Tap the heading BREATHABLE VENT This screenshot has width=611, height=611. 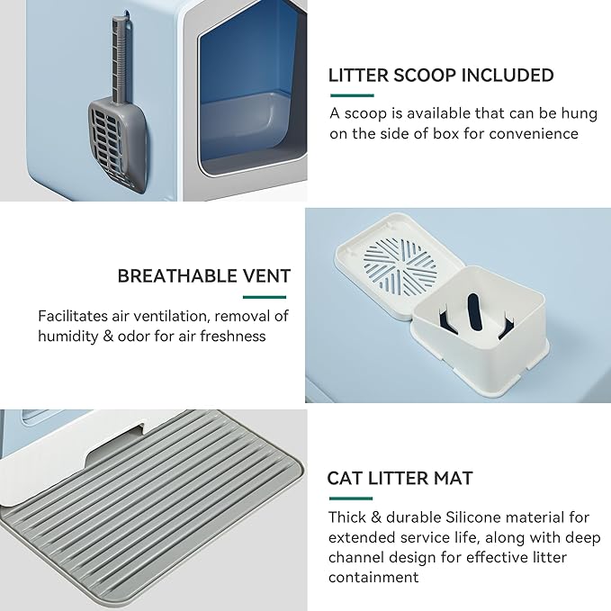[204, 276]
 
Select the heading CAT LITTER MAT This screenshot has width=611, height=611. [400, 478]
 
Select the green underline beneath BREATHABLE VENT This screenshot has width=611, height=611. [265, 297]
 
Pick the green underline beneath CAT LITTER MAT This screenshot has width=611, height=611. [349, 498]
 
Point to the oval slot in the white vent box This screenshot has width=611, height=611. [472, 321]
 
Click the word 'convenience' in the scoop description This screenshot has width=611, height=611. [535, 134]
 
